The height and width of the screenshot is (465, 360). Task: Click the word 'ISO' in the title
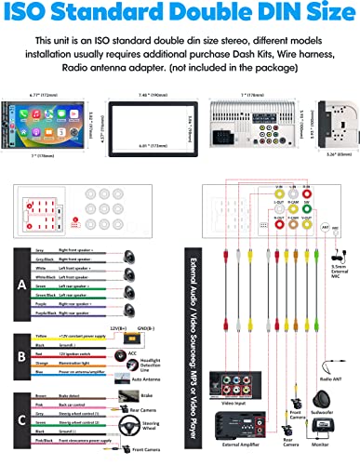click(x=40, y=17)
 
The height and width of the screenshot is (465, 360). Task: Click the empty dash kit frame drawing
click(x=140, y=100)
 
